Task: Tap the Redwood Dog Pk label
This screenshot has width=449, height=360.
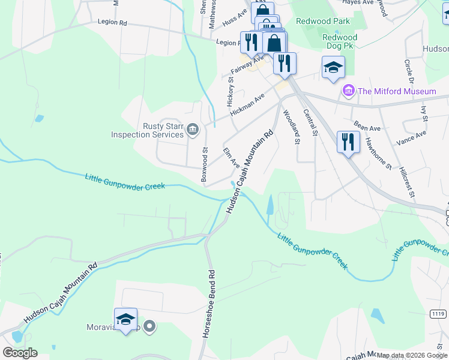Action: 340,41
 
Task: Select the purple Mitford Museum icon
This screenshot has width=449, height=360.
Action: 348,91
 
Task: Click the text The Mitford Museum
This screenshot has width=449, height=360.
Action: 396,91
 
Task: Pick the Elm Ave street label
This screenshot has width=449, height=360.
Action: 231,158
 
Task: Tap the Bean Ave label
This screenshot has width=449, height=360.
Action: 367,127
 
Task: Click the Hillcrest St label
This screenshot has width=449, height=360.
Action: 408,178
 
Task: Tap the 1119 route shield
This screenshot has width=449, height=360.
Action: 438,314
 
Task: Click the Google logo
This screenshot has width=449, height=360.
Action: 20,353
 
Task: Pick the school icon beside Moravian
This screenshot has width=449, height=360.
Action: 126,320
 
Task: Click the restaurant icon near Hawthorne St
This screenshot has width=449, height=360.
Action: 348,142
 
